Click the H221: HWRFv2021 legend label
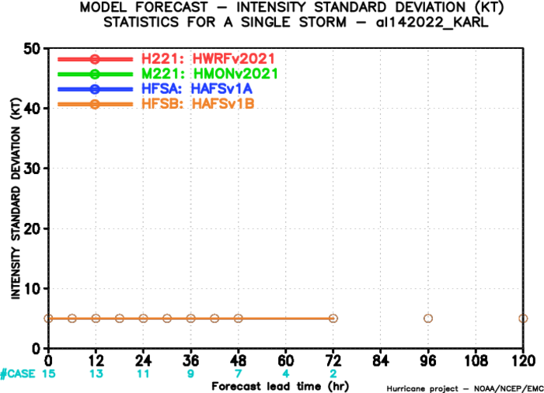[x=208, y=59]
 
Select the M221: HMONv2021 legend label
[x=210, y=74]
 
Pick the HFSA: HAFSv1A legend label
[x=197, y=89]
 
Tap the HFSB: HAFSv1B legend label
[x=197, y=104]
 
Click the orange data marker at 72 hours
[x=333, y=318]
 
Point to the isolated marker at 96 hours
[x=428, y=318]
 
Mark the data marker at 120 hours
[x=523, y=318]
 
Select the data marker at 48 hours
[x=238, y=318]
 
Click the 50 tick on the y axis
[x=32, y=49]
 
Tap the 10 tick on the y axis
[x=32, y=289]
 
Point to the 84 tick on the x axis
[x=381, y=361]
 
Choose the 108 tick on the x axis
[x=476, y=361]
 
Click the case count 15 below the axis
[x=48, y=374]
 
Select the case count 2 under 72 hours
[x=333, y=374]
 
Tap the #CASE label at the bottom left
[x=18, y=374]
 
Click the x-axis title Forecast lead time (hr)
[x=281, y=387]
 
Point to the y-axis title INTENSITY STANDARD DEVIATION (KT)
[x=16, y=198]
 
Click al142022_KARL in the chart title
[x=432, y=23]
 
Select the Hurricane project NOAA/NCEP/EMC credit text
[x=465, y=388]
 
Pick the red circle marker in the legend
[x=95, y=59]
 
